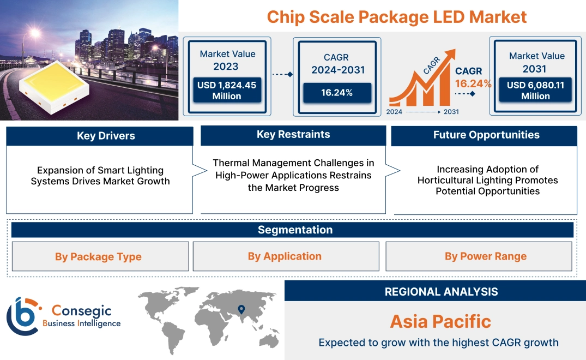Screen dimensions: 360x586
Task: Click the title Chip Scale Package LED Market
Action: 396,16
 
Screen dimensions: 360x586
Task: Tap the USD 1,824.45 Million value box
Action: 227,91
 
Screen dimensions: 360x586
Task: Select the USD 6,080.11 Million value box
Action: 535,91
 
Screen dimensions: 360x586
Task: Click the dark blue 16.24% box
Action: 337,93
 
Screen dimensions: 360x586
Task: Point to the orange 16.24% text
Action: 473,83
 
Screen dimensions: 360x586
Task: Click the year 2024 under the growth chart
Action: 395,112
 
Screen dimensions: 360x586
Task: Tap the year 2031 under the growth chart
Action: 451,112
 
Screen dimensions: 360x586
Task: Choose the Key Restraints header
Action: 293,135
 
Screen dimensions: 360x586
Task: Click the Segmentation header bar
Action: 295,230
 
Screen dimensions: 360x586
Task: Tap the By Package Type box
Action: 98,257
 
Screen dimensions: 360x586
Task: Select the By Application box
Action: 285,256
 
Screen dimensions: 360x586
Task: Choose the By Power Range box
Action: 485,256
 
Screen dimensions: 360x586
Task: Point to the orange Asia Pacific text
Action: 440,321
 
